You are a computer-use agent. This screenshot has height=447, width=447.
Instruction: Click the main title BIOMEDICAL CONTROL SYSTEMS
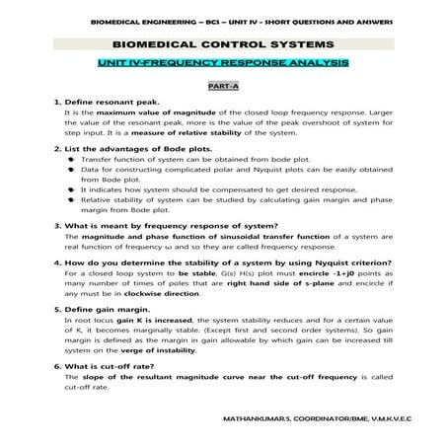coord(223,44)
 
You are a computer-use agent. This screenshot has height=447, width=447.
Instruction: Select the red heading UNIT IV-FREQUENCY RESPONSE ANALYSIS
coord(223,62)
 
